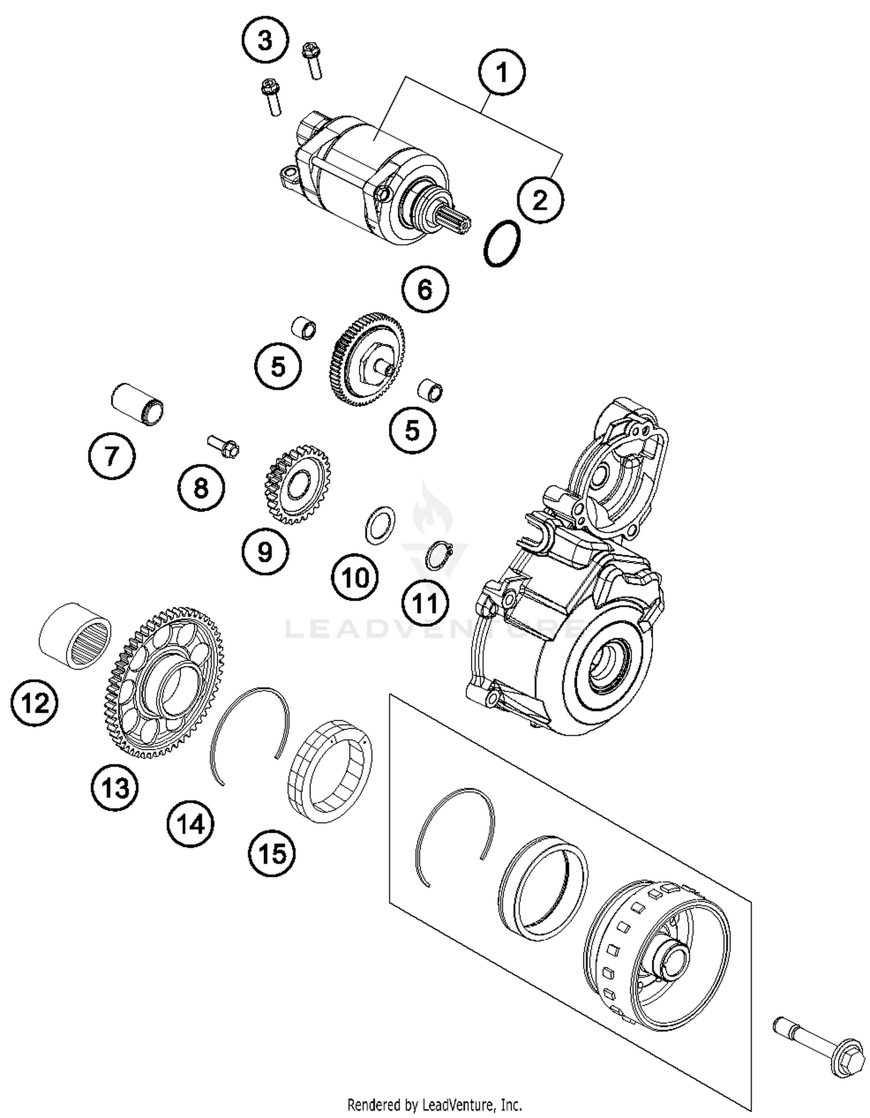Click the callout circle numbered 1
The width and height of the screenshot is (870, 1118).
502,73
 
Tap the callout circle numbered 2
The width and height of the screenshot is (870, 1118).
540,201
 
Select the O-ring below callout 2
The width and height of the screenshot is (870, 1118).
502,243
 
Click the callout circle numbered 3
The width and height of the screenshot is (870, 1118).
265,41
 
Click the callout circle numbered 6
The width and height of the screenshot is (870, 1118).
425,289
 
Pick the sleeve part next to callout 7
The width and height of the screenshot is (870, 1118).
137,404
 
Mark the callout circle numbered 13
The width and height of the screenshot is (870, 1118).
115,788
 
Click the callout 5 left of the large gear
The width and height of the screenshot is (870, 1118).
278,367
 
